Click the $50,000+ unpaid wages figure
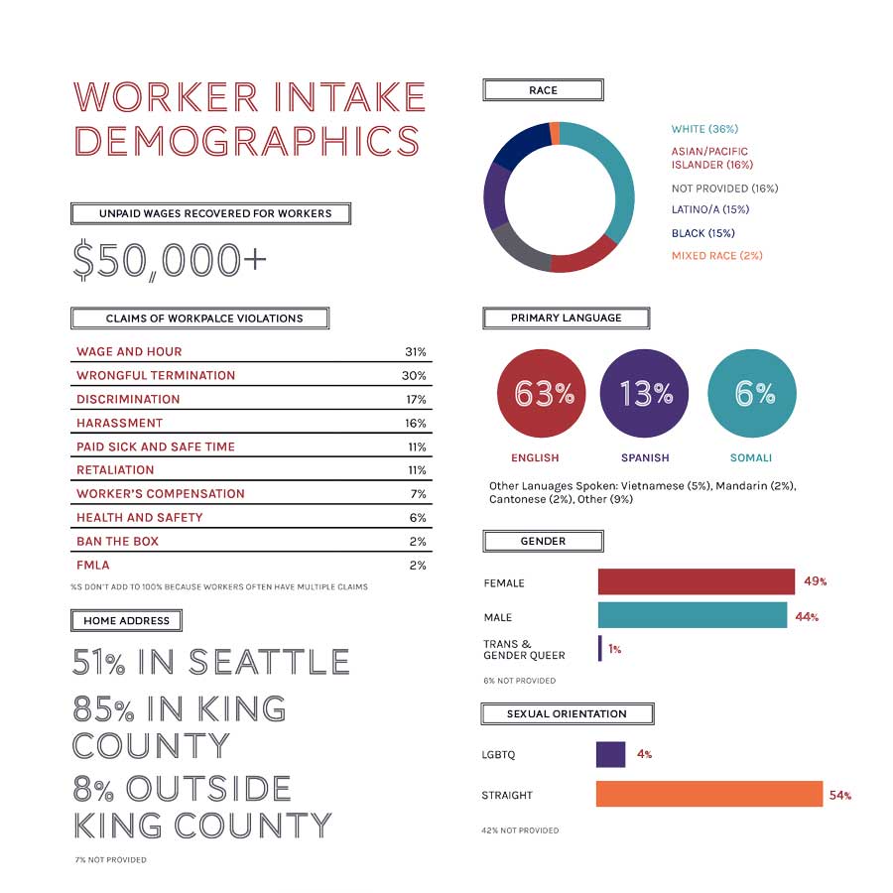170,260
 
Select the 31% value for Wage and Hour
416,352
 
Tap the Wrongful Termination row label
156,376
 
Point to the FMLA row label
93,566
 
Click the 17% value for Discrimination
416,400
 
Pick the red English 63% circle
541,394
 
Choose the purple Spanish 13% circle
645,394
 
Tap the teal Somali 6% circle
752,394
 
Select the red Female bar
696,582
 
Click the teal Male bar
692,616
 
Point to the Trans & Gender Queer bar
599,649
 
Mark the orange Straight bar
708,795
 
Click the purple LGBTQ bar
610,755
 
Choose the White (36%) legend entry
704,130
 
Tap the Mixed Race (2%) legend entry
716,256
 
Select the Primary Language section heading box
566,319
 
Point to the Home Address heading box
126,621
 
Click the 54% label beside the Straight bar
840,796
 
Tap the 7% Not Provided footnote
110,860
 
